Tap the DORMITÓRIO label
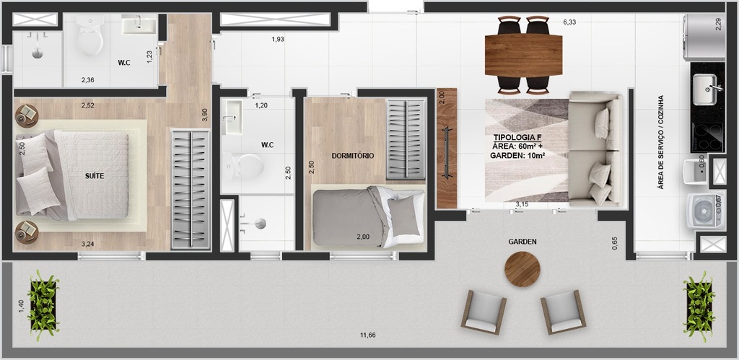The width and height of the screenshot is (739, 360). [352, 155]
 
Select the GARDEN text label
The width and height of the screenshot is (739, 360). [522, 242]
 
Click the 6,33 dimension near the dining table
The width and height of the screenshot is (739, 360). [570, 22]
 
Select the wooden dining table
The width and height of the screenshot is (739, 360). [523, 56]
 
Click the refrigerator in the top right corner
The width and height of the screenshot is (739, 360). [703, 37]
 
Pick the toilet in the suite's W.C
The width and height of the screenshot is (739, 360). [90, 38]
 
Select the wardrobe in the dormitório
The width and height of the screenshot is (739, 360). [406, 139]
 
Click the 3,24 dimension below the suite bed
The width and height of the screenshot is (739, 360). [87, 244]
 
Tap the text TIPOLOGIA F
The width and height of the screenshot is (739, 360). [517, 137]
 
